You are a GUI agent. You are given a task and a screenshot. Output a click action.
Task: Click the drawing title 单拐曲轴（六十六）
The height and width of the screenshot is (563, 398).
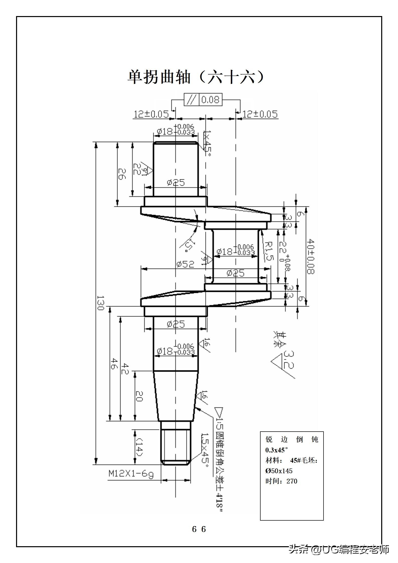point(196,77)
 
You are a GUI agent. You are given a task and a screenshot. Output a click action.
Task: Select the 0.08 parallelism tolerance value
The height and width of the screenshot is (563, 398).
point(210,100)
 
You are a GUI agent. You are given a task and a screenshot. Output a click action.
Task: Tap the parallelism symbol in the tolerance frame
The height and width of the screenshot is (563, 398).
point(191,100)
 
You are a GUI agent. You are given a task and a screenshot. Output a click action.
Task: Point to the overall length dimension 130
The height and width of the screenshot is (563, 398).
point(100,303)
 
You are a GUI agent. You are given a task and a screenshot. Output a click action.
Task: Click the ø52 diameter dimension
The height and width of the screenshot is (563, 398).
point(185,264)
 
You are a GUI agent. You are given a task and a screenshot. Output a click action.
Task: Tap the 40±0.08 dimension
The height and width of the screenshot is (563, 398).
point(311,256)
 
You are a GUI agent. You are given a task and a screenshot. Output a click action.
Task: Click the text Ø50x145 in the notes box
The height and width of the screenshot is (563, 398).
point(279,471)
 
